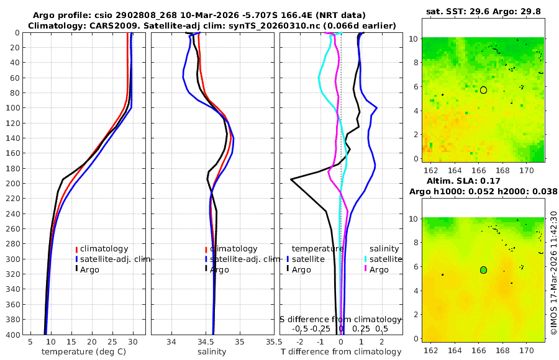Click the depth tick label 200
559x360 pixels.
point(12,184)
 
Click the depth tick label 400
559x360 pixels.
point(12,335)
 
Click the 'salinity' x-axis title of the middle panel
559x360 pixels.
point(212,352)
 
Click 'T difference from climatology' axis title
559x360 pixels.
point(341,352)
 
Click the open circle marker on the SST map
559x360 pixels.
point(483,90)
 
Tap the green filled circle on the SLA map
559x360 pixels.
point(483,270)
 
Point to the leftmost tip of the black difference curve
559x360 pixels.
point(291,179)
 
